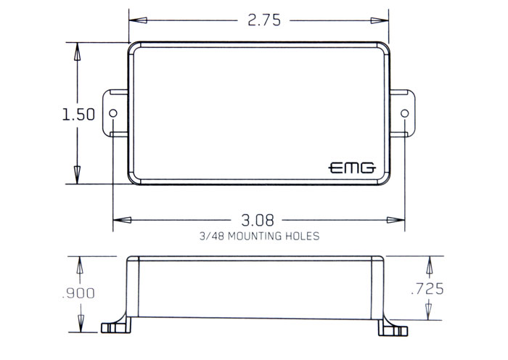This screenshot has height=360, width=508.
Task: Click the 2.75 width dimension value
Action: [x=264, y=20]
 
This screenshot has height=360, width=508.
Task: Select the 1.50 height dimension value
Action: [x=78, y=115]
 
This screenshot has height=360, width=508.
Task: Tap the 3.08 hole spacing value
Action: [x=258, y=220]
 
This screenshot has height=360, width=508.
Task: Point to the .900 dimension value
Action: [x=78, y=293]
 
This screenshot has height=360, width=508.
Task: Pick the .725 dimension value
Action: [x=427, y=289]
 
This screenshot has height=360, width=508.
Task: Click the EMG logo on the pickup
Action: [x=352, y=168]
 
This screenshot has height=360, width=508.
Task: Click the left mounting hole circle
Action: [x=113, y=113]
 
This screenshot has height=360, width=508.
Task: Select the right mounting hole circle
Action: [x=405, y=113]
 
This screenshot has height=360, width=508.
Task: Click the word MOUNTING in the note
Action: [x=255, y=236]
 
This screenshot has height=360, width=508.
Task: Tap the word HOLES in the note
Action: [x=303, y=236]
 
